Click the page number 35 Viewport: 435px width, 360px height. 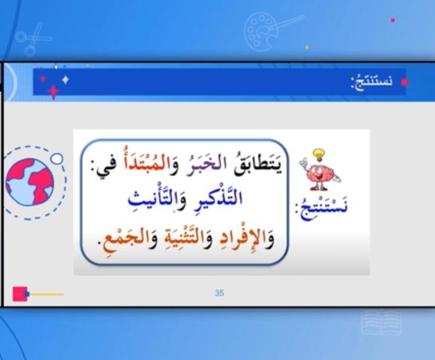point(219,293)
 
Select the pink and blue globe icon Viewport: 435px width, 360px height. point(30,182)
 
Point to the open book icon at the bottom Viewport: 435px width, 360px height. point(381,322)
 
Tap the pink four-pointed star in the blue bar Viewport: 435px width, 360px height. point(53,91)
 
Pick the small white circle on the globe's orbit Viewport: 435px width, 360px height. point(57,158)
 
